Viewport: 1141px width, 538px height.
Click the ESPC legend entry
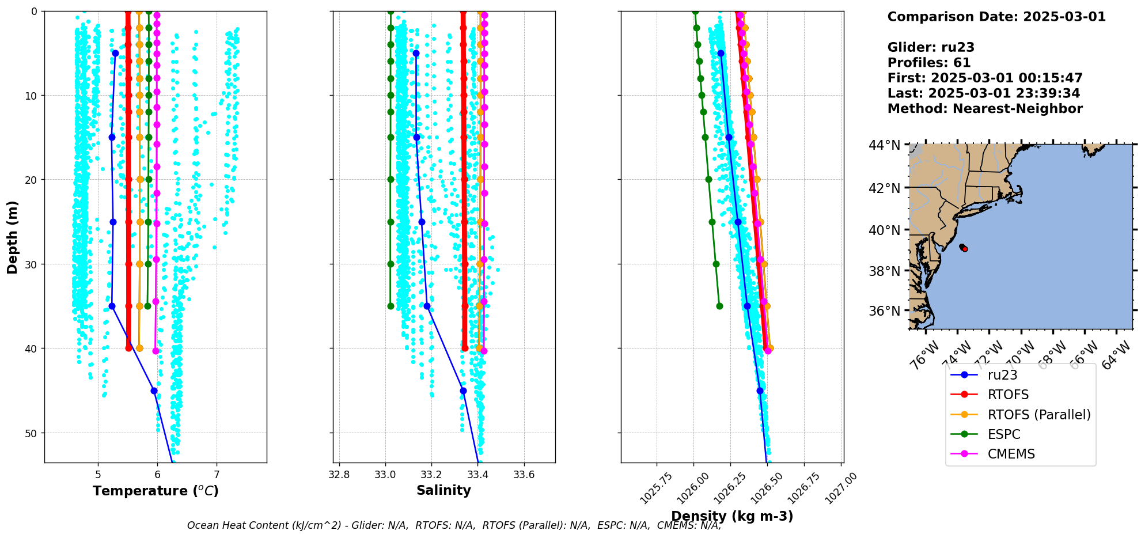pyautogui.click(x=1003, y=434)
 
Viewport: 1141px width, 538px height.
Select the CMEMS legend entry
pyautogui.click(x=1011, y=454)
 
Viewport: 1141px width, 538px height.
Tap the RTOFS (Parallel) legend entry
pyautogui.click(x=1038, y=415)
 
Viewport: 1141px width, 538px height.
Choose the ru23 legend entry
pyautogui.click(x=1002, y=375)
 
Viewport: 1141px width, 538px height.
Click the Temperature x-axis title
pyautogui.click(x=156, y=491)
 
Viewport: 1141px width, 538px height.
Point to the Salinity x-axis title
pyautogui.click(x=443, y=490)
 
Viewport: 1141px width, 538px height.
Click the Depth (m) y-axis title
pyautogui.click(x=13, y=237)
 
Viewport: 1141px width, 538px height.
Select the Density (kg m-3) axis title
pyautogui.click(x=732, y=516)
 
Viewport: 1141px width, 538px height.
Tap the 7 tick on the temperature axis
pyautogui.click(x=217, y=475)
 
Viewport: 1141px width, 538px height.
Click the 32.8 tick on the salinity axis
pyautogui.click(x=339, y=475)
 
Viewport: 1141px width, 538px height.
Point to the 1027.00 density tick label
pyautogui.click(x=841, y=488)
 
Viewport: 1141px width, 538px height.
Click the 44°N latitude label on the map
pyautogui.click(x=884, y=145)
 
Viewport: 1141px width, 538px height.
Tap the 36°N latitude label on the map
pyautogui.click(x=884, y=311)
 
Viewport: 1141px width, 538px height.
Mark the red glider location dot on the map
pyautogui.click(x=965, y=249)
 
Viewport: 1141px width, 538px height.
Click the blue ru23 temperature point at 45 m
pyautogui.click(x=154, y=391)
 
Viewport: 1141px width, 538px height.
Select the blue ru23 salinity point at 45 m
pyautogui.click(x=463, y=391)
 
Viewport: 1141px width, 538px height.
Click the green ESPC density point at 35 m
pyautogui.click(x=719, y=306)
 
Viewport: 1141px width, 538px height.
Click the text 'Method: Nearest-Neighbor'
pyautogui.click(x=985, y=109)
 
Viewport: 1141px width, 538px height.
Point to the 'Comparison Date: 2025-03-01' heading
pyautogui.click(x=996, y=17)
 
